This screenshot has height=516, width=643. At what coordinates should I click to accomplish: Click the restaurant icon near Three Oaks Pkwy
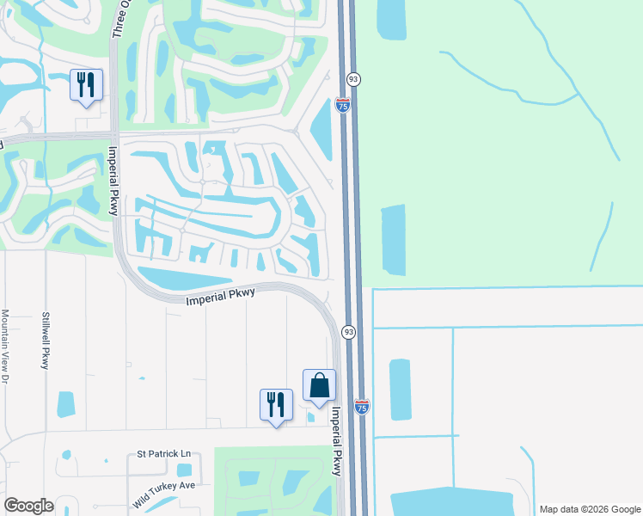[85, 84]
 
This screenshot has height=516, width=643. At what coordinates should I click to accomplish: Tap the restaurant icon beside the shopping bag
[276, 404]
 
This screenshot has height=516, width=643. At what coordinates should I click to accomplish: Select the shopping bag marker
[319, 384]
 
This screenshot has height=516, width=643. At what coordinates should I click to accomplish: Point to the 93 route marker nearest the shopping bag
[348, 332]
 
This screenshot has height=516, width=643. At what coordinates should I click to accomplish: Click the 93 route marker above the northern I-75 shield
[353, 79]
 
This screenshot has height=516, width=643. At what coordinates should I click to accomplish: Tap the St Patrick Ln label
[163, 453]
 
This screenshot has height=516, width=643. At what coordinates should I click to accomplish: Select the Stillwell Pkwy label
[46, 341]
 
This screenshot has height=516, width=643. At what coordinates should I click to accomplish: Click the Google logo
[28, 506]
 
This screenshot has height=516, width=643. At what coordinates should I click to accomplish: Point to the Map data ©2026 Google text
[589, 509]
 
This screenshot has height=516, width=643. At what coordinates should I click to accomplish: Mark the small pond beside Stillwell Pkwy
[65, 404]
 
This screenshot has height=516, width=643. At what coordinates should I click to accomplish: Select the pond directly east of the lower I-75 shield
[401, 390]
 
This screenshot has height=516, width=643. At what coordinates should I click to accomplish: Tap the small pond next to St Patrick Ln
[184, 470]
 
